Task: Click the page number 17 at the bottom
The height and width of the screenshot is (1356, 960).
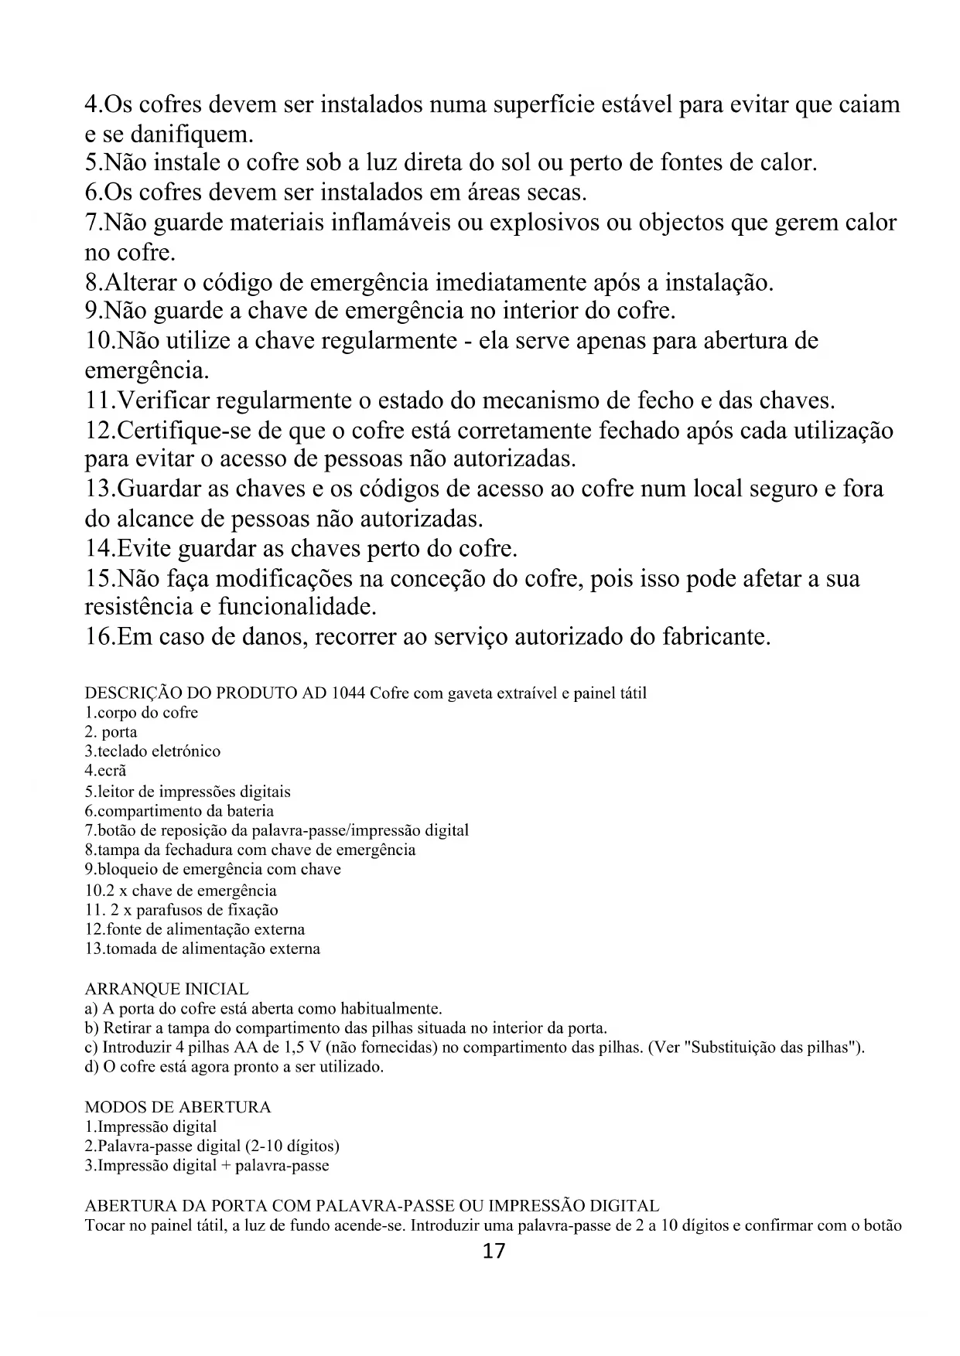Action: [493, 1252]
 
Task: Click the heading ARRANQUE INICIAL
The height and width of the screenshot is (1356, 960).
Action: [166, 990]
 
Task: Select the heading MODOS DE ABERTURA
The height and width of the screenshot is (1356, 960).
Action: [177, 1107]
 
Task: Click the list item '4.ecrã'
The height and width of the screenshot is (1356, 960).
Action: [105, 771]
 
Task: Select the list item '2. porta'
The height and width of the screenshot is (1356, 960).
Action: [111, 732]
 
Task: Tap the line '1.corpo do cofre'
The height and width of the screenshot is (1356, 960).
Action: [141, 713]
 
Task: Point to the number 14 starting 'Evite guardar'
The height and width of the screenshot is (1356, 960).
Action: [98, 549]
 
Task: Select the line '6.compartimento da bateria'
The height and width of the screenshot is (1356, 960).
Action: [179, 811]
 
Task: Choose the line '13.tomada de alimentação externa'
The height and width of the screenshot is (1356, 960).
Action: [202, 949]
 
